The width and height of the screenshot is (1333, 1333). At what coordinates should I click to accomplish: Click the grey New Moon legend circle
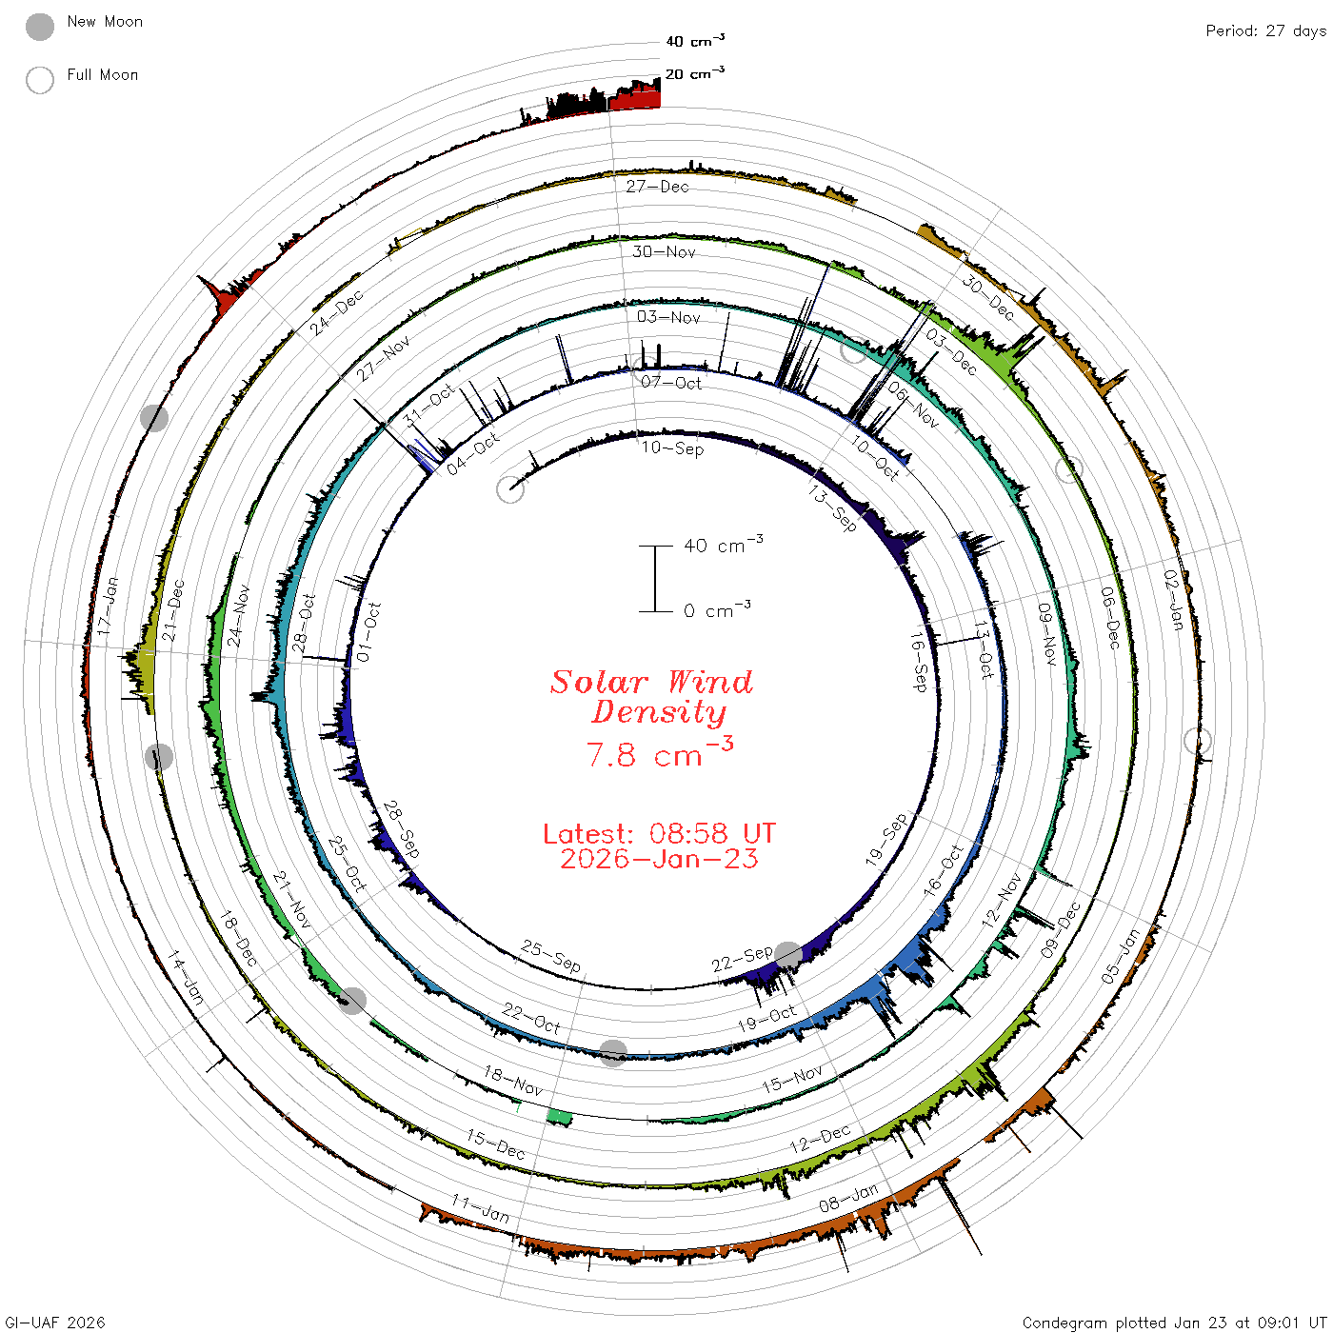40,27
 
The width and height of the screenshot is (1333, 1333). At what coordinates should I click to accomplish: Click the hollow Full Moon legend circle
40,80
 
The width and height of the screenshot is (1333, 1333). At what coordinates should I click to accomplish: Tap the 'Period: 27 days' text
1265,31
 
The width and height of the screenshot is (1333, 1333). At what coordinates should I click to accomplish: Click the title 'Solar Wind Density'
652,696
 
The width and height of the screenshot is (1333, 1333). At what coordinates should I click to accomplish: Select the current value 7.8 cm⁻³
659,752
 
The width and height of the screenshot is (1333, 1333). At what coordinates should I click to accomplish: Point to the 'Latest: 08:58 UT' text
659,833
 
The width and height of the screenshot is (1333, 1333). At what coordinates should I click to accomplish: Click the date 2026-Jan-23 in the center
659,859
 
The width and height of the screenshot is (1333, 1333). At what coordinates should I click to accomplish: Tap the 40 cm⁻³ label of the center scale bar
724,544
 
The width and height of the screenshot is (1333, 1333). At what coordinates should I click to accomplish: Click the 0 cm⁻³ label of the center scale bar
717,609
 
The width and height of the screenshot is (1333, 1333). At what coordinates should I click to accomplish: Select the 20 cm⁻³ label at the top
695,72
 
